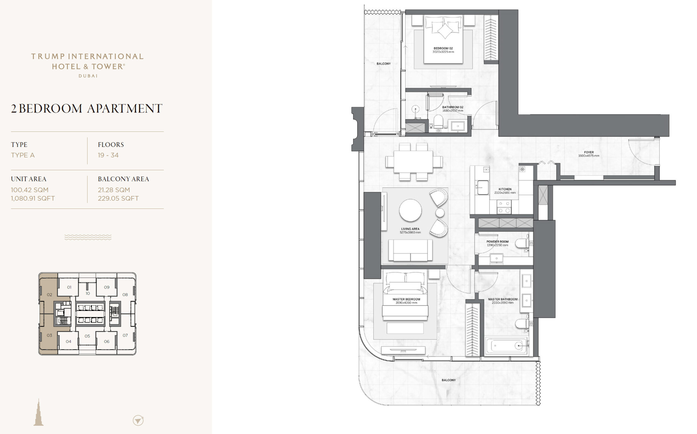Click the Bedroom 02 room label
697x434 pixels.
click(x=443, y=48)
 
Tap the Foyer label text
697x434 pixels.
click(x=589, y=152)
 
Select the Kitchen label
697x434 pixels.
click(x=505, y=189)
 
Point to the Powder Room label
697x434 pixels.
click(x=497, y=242)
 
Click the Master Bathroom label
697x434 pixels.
click(x=503, y=299)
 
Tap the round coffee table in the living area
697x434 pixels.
click(x=410, y=210)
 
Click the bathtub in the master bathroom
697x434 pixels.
click(x=506, y=346)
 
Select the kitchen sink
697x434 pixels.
click(x=482, y=187)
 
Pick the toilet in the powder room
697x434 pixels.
click(x=522, y=243)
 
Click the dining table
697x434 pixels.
click(x=414, y=162)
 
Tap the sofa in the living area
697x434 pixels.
click(x=410, y=250)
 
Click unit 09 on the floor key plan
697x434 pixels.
click(x=107, y=287)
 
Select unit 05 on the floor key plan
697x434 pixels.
click(x=87, y=336)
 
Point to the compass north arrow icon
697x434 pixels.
click(x=138, y=420)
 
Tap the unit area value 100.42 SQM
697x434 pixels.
click(x=30, y=190)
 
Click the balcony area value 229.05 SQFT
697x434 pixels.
click(x=118, y=198)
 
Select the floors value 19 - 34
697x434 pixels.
click(x=108, y=155)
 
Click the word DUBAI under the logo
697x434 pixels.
click(x=88, y=76)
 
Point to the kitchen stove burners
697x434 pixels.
click(x=504, y=207)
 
